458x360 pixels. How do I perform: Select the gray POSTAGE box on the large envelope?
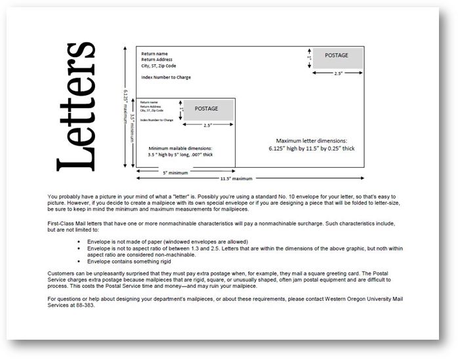click(x=337, y=60)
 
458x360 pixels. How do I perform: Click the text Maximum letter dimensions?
click(x=311, y=140)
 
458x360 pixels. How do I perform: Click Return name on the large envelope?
click(x=154, y=53)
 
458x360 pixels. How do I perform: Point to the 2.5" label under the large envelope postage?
click(x=337, y=73)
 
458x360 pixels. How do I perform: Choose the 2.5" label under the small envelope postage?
click(x=208, y=125)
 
